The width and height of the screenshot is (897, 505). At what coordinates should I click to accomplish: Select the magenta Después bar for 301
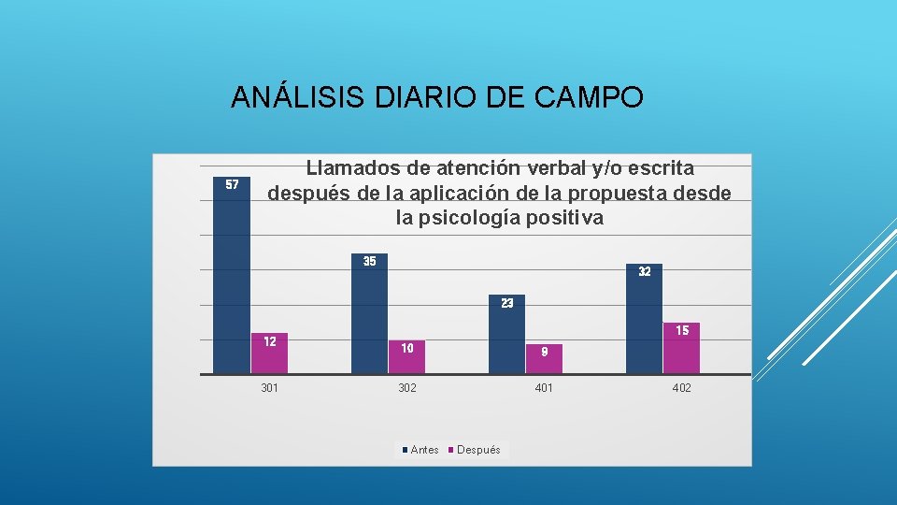pos(269,353)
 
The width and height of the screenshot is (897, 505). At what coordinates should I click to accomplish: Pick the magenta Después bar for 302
pos(406,357)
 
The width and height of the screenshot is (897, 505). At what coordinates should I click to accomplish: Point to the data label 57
pos(233,184)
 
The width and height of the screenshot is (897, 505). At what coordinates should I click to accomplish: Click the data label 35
pos(369,261)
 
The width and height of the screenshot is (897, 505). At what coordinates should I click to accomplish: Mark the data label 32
pos(645,271)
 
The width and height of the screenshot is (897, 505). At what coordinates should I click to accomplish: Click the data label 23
pos(506,303)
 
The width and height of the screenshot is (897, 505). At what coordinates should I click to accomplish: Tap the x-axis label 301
pos(269,388)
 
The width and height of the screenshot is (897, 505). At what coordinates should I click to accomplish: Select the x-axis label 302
pos(406,388)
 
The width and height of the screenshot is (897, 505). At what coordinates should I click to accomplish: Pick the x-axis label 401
pos(544,388)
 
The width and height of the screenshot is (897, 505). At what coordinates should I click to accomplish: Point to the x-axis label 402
pos(681,388)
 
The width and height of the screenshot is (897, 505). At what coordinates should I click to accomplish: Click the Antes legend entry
pos(420,450)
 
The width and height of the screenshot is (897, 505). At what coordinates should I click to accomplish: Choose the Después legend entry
pos(477,450)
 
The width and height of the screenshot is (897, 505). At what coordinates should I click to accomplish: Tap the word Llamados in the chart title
pos(354,168)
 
